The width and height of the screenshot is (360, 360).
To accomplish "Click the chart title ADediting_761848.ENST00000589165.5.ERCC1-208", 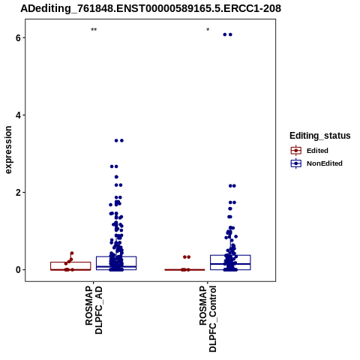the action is [x=151, y=9].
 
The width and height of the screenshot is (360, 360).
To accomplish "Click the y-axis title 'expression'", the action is [x=8, y=150].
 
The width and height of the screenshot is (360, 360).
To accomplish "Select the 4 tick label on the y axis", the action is [x=18, y=115].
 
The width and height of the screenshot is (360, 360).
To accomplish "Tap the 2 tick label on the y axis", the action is [x=18, y=193].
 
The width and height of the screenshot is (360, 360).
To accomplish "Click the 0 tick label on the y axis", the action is [x=18, y=270].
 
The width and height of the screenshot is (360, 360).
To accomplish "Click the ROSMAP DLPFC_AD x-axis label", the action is [x=94, y=310].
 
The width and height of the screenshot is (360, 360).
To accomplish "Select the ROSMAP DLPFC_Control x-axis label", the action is [x=208, y=319].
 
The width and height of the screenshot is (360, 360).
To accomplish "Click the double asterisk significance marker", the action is [x=94, y=29].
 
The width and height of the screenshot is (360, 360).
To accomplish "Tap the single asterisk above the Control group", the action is [x=208, y=29].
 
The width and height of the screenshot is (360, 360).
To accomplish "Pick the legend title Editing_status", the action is [x=320, y=136].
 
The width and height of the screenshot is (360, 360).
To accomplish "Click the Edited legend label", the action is [x=317, y=151].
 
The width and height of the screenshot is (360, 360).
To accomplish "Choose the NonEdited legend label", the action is [x=325, y=163].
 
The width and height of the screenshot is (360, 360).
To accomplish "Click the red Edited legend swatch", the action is [x=296, y=151].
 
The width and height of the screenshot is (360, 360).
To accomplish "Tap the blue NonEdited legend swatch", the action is [x=296, y=163].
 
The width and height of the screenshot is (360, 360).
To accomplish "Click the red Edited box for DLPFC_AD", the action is [x=70, y=262].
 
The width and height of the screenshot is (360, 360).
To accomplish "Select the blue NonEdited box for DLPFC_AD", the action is [x=116, y=256].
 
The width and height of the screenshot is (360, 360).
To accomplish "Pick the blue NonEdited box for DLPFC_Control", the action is [x=230, y=255].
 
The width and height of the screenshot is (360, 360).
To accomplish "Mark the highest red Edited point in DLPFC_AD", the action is [x=72, y=253].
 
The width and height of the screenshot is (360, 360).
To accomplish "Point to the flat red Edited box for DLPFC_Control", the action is [x=184, y=270].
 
